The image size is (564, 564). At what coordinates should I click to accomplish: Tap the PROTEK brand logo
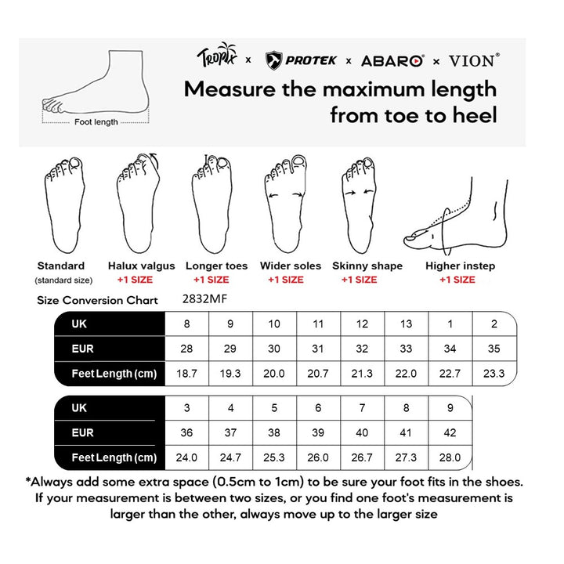click(x=302, y=59)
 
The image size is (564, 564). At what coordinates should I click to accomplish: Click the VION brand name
click(x=472, y=59)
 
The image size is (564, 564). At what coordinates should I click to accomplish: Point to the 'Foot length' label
click(x=96, y=121)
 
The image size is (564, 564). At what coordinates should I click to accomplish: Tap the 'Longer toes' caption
click(x=216, y=266)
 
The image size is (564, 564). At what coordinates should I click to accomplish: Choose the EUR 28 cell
click(x=186, y=349)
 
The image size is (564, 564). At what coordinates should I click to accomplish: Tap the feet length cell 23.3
click(x=493, y=374)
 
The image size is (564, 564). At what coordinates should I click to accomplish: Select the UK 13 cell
click(x=406, y=324)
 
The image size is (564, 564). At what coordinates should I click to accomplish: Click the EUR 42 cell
click(x=450, y=432)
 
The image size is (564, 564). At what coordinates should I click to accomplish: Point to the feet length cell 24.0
click(x=186, y=457)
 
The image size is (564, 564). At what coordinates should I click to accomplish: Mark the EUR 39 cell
click(x=318, y=432)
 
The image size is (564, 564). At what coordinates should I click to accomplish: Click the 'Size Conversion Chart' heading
click(x=98, y=300)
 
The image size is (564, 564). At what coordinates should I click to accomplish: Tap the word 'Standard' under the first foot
click(x=60, y=266)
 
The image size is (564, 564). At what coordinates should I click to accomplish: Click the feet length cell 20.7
click(x=318, y=374)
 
